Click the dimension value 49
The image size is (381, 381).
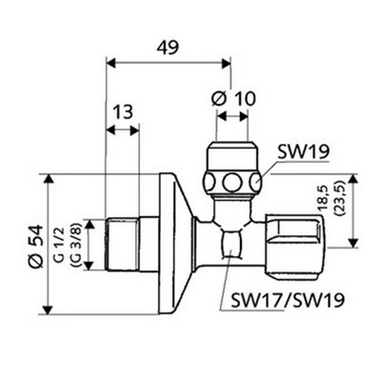tap(168, 45)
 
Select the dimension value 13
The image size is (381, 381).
tap(121, 112)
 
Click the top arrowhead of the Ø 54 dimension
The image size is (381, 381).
tap(48, 177)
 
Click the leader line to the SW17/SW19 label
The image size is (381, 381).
tap(229, 276)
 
